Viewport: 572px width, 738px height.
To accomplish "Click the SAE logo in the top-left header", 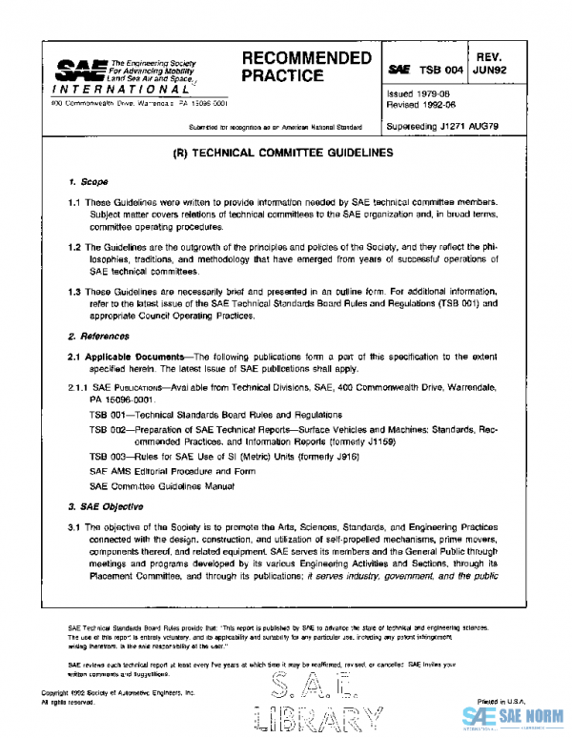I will pos(77,70).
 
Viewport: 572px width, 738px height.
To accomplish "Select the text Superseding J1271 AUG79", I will pos(443,127).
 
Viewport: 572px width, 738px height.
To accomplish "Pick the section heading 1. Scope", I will pos(88,181).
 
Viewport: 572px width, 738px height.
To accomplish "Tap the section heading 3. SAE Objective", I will pos(105,505).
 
